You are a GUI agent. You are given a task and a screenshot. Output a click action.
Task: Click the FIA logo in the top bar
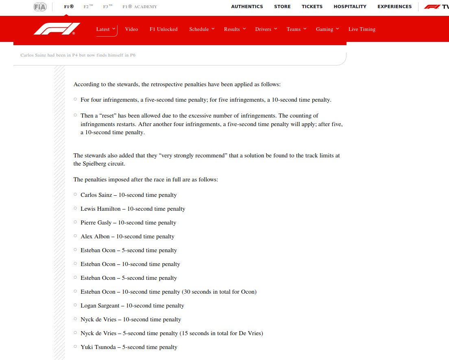[40, 7]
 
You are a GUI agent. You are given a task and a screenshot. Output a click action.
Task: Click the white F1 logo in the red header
[57, 29]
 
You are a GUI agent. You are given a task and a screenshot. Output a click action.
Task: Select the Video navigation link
[131, 29]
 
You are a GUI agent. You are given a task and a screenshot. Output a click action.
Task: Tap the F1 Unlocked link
[163, 29]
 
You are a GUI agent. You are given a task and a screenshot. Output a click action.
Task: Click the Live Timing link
[362, 29]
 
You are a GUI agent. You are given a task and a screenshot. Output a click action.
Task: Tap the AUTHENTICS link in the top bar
[247, 7]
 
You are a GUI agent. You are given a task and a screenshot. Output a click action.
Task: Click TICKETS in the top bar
[312, 7]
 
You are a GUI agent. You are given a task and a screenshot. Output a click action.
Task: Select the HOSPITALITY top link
[350, 7]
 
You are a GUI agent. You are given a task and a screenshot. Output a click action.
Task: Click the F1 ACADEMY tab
[139, 7]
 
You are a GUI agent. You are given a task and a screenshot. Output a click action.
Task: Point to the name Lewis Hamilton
[100, 209]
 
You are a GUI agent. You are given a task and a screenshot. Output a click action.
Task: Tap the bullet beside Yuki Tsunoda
[75, 347]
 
